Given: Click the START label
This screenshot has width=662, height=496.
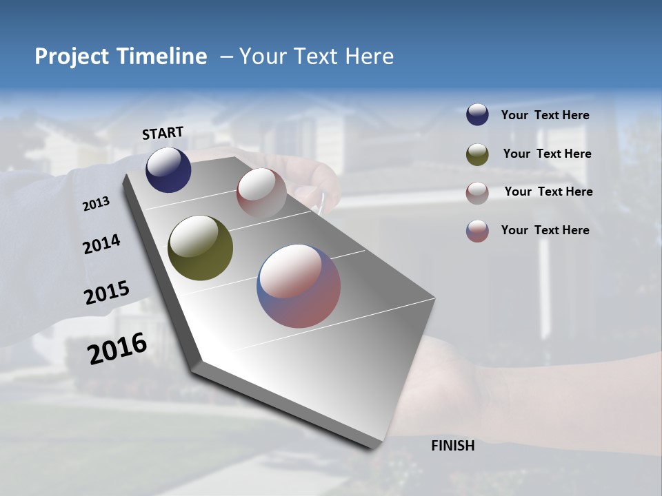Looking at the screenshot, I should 163,132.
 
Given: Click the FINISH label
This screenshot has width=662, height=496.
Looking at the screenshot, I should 452,446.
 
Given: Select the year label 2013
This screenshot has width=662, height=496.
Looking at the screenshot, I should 97,203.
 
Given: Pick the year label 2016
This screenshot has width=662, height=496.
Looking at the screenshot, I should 117,349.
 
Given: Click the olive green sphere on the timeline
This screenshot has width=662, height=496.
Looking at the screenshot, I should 200,248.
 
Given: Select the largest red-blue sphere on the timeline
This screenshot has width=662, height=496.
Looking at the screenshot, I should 299,286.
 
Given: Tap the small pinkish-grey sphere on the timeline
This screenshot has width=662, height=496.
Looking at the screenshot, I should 261,194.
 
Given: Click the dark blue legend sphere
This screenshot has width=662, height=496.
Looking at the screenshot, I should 477,115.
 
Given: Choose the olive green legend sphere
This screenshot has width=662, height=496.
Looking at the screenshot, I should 477,154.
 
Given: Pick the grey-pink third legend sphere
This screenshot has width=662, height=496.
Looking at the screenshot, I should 477,192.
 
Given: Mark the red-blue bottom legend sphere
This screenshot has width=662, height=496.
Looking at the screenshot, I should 477,231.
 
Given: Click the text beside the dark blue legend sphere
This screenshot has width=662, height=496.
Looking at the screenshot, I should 545,115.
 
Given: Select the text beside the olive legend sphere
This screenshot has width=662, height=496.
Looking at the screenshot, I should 547,154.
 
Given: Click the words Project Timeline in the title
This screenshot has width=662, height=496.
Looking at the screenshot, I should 121,56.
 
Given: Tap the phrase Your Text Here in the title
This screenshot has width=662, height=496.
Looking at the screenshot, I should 317,56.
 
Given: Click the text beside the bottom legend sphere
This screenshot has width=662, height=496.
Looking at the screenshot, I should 545,230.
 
